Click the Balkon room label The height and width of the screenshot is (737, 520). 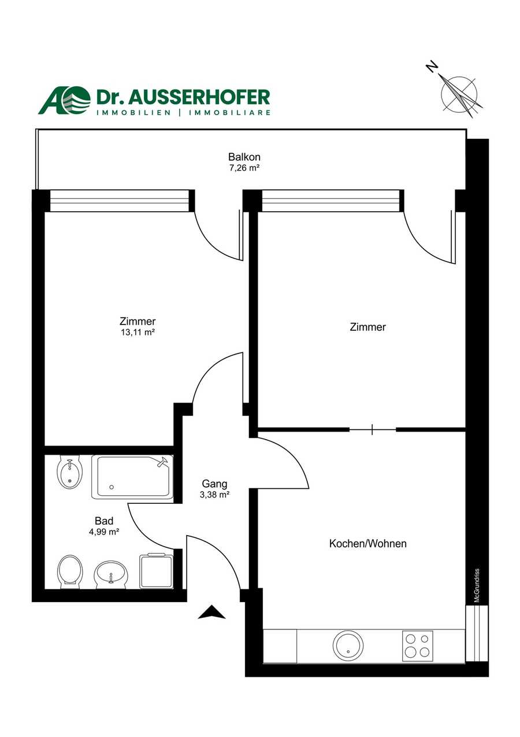tap(244, 157)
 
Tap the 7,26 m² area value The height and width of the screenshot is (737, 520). tap(244, 168)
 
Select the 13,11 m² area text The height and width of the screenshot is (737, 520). tap(138, 332)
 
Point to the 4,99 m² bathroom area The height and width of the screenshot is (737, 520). tap(104, 532)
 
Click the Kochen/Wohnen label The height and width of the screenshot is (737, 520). tap(368, 544)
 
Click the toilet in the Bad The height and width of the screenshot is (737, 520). tap(70, 572)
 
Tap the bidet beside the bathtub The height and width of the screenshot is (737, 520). tap(69, 473)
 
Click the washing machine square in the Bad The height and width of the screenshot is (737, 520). tap(156, 572)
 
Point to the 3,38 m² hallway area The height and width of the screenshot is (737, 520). tap(214, 495)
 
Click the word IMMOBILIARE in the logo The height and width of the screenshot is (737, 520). tap(229, 113)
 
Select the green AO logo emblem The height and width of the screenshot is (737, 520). tap(65, 100)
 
